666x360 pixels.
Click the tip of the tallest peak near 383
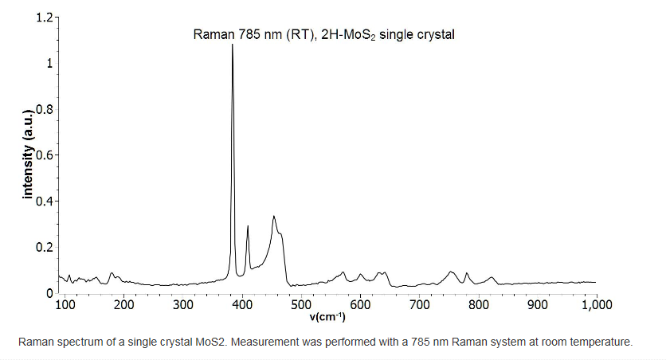pos(233,45)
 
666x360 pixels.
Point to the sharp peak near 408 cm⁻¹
pos(248,226)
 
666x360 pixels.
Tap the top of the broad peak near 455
pos(274,216)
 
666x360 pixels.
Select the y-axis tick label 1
pos(49,63)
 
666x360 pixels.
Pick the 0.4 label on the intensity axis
pos(45,201)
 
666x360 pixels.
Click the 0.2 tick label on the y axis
pos(45,247)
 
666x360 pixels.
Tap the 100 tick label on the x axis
pos(65,304)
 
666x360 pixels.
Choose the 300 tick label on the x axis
pos(183,304)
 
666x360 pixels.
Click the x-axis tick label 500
pos(301,304)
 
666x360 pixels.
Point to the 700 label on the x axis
pos(419,304)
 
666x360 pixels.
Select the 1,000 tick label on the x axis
pos(595,304)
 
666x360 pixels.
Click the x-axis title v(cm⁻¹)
pos(327,317)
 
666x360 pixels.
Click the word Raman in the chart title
pos(212,35)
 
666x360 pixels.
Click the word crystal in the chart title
pos(436,35)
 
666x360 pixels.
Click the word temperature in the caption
pos(603,342)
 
